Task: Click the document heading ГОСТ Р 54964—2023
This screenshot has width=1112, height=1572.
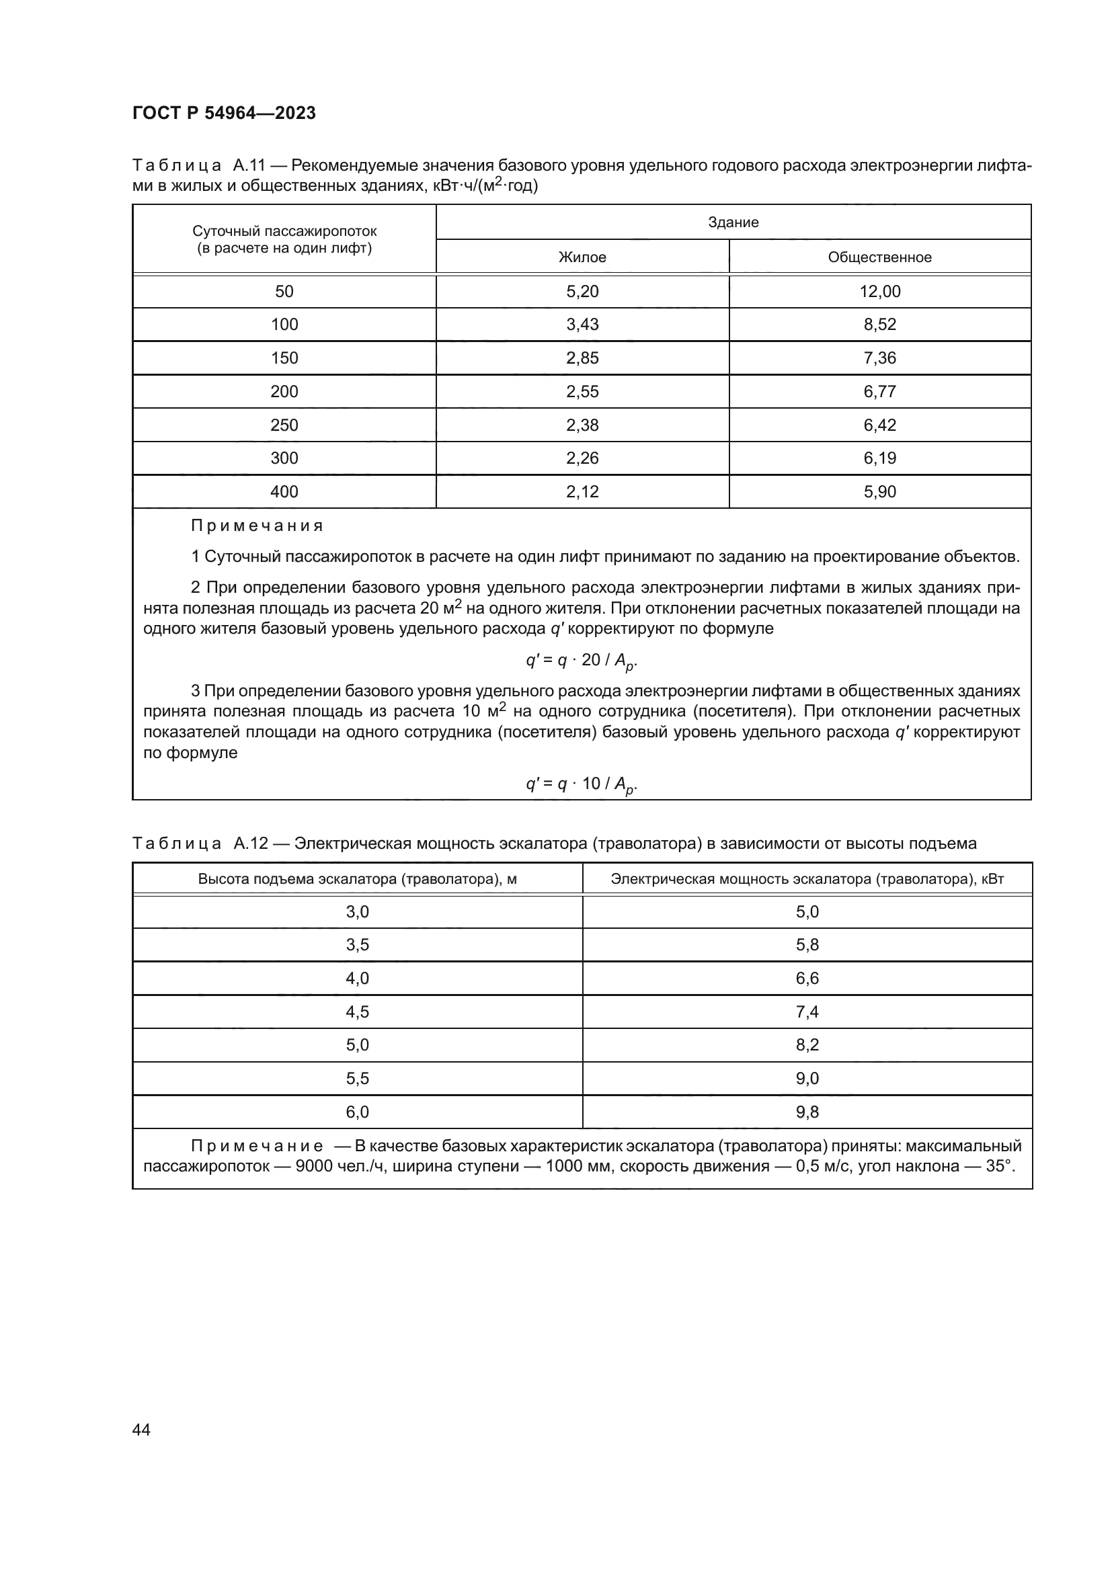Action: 224,113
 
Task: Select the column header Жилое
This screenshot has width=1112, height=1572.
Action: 582,257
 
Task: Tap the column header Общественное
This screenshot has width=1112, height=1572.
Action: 879,257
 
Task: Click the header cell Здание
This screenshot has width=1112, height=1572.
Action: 733,222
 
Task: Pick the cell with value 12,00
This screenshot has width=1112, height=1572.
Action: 879,292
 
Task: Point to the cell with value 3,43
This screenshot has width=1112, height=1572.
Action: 582,325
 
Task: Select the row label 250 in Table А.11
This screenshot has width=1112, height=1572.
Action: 284,425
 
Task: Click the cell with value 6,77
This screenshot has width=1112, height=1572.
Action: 879,392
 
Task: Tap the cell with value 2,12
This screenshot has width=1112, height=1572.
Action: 582,491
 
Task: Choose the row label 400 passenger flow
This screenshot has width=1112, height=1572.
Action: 284,491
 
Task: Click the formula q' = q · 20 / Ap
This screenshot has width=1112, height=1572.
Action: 582,661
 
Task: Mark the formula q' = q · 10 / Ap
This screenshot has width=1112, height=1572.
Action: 582,784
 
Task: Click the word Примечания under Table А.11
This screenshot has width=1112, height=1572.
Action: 257,526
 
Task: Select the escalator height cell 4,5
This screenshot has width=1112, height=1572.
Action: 357,1012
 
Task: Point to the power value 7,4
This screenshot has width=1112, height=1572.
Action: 807,1012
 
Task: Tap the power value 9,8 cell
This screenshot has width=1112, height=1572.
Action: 807,1112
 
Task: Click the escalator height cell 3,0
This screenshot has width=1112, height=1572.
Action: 357,912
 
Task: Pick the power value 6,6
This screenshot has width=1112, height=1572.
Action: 807,979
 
